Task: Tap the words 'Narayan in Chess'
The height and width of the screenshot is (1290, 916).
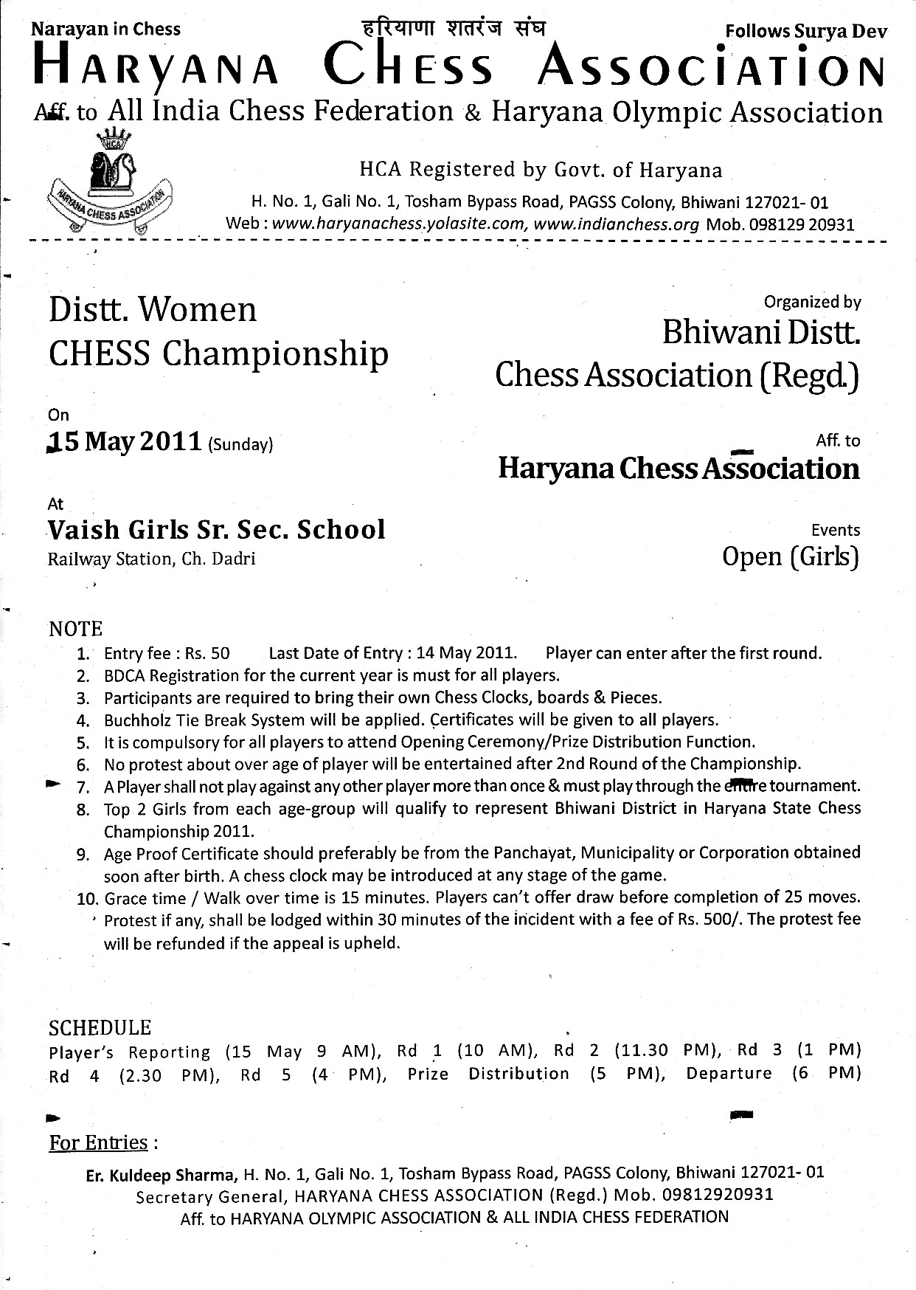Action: coord(106,30)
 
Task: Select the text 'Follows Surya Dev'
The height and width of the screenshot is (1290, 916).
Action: coord(806,31)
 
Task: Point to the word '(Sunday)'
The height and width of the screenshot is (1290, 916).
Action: coord(240,444)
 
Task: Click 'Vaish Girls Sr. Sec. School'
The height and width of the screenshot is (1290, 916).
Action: coord(217,530)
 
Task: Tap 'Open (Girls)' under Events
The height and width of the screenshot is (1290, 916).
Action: coord(791,556)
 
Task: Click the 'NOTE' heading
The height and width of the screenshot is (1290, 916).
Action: coord(75,629)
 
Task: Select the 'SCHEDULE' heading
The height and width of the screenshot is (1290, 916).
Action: coord(100,1027)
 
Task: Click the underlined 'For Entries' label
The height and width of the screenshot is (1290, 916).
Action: coord(99,1142)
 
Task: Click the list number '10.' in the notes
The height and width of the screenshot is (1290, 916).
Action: coord(88,898)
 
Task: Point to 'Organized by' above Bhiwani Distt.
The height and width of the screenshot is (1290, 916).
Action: coord(812,302)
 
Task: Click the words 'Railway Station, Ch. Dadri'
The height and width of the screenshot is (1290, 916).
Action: coord(152,559)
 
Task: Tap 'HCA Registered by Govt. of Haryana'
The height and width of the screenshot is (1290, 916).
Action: coord(541,170)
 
